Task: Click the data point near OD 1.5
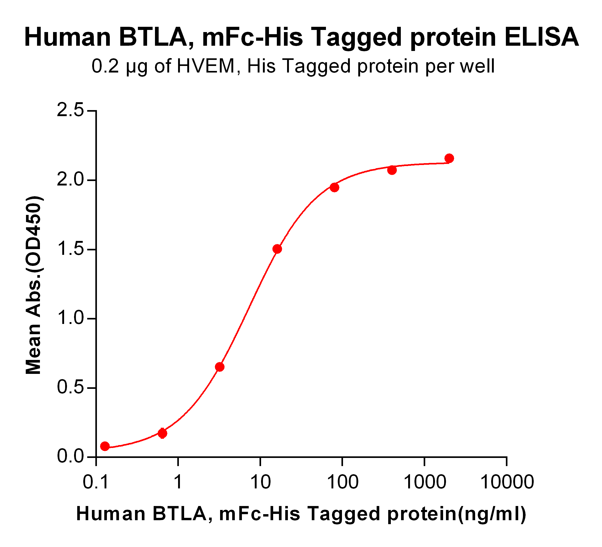tap(277, 249)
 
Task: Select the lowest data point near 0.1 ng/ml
tap(105, 446)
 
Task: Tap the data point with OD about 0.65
tap(220, 367)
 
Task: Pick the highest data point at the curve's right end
tap(449, 158)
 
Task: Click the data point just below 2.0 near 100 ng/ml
tap(334, 188)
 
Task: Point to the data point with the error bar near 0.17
tap(162, 433)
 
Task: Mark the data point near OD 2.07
tap(392, 170)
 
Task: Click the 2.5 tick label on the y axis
tap(70, 111)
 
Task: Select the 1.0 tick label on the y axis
tap(70, 318)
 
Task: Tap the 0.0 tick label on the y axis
tap(70, 457)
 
